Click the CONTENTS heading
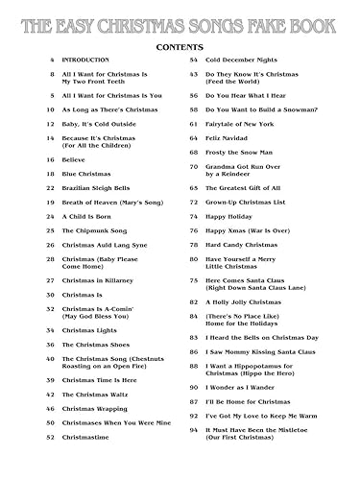[180, 45]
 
